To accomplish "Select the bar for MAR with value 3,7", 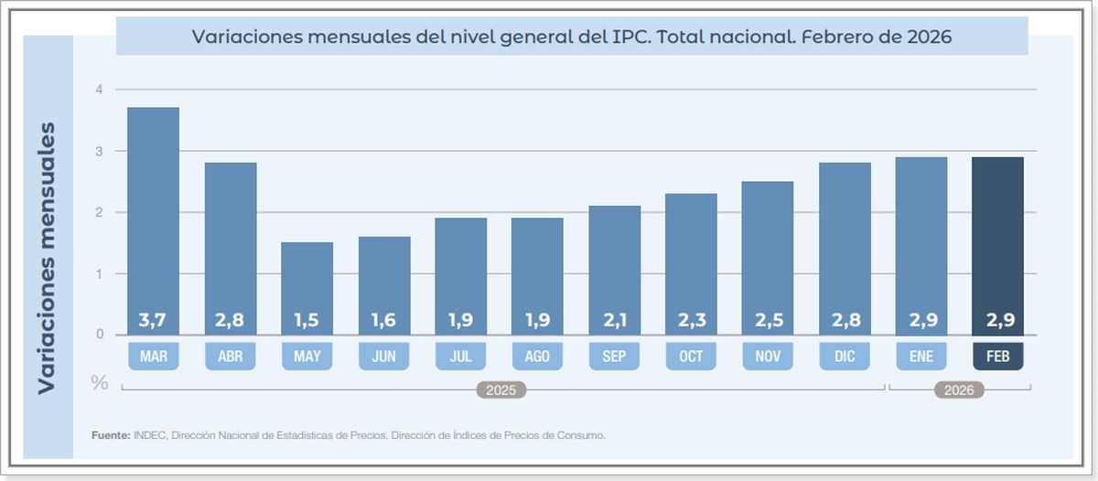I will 153,219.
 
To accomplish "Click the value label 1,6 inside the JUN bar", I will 383,321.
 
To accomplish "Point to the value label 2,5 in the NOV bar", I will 768,321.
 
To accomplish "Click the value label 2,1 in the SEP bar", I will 614,321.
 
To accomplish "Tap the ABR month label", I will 230,357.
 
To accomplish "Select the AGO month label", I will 537,357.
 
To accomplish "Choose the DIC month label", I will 845,357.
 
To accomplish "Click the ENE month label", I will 921,357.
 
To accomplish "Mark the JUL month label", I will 460,357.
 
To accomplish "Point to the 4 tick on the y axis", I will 99,90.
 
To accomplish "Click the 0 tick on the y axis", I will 99,335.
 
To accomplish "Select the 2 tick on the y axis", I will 99,212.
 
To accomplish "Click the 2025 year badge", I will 501,390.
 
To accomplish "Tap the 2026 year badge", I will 959,390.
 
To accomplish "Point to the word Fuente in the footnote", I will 110,436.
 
